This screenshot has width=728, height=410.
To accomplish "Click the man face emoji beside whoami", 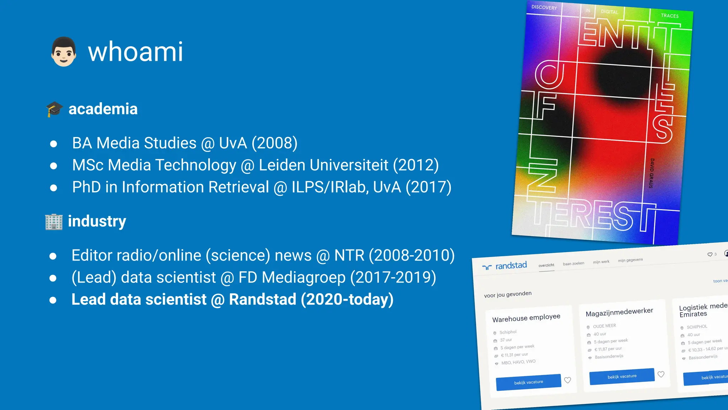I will point(64,52).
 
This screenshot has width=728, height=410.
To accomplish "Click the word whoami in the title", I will point(135,52).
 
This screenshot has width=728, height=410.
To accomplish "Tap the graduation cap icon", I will point(54,109).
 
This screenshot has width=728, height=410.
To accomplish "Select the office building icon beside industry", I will point(54,222).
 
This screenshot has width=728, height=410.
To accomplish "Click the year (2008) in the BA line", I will point(274,143).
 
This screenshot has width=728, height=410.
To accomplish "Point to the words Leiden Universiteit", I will point(323,165).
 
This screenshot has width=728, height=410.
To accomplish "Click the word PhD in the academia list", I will point(86,187).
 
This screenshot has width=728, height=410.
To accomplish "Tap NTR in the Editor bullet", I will point(349,256).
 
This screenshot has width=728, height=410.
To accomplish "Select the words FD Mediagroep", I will point(292,278).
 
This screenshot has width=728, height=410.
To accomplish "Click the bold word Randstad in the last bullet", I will point(262,300).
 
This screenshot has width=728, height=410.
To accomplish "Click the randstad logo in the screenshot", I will point(505,266).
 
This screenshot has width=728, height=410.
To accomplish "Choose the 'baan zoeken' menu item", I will point(573,264).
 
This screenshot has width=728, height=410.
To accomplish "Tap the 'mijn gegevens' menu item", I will point(630,260).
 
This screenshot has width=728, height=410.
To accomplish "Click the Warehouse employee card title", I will point(526,318).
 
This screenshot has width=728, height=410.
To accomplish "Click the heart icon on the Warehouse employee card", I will point(568,380).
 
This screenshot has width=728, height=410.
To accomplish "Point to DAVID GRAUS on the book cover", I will point(652,173).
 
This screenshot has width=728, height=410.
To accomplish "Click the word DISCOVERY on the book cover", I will point(544,7).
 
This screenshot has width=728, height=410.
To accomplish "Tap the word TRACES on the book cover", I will point(670,16).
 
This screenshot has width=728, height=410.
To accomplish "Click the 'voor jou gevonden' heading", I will point(508,294).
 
